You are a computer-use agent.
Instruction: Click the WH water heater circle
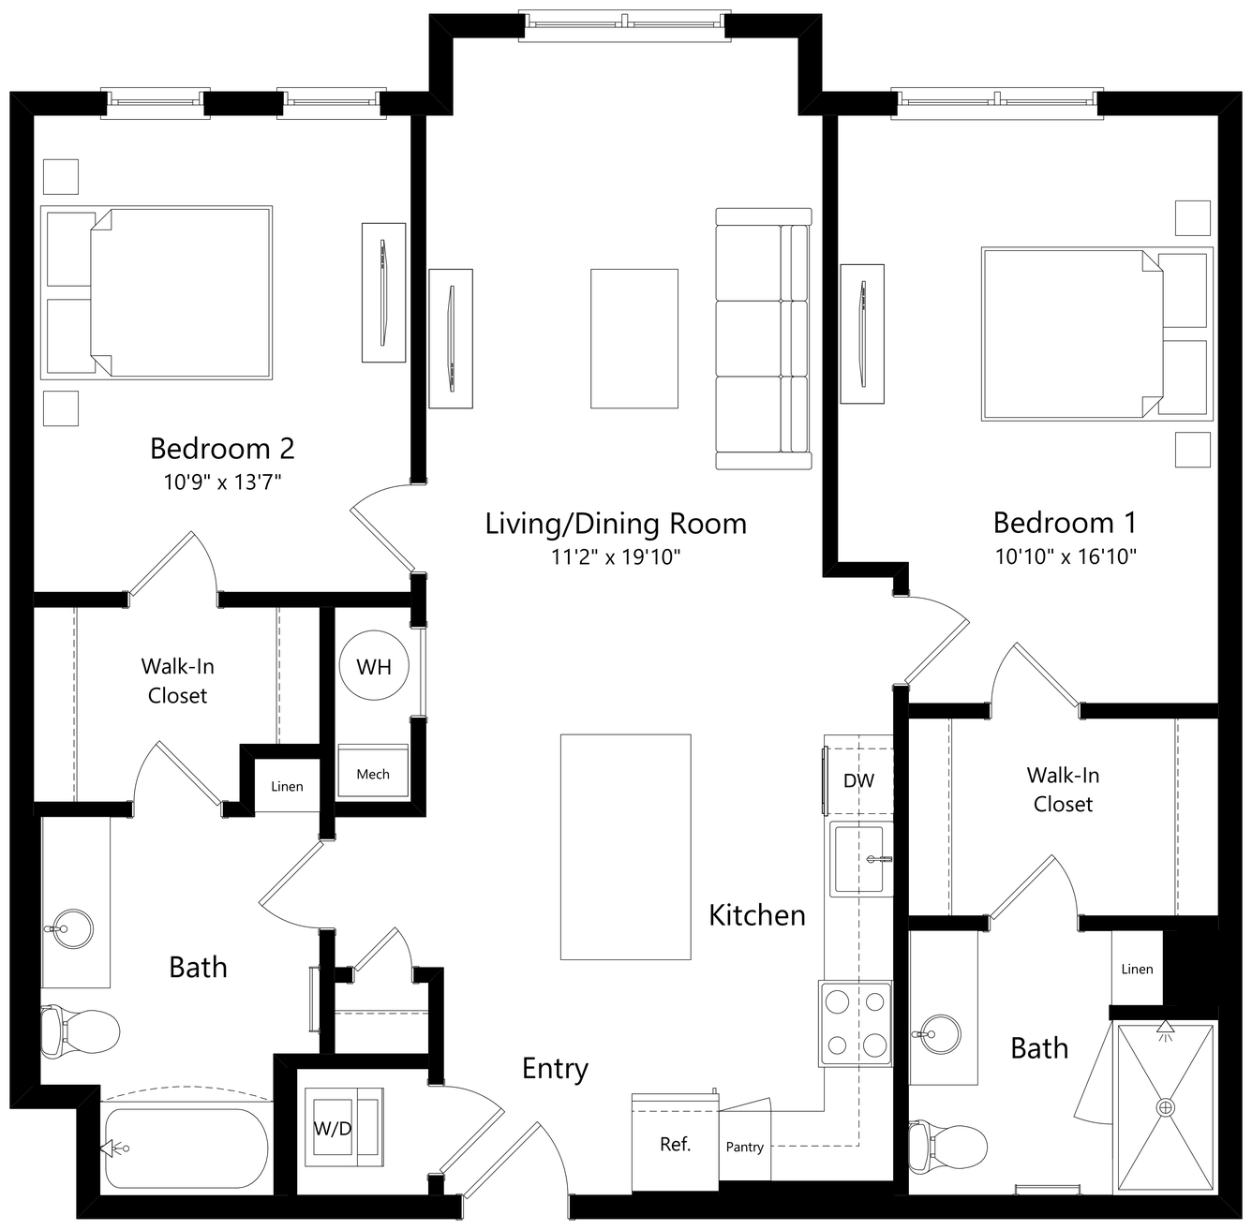click(x=374, y=665)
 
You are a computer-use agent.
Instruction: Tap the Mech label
click(x=373, y=774)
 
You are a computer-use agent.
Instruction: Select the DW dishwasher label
click(x=858, y=780)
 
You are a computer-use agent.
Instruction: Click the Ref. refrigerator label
click(x=675, y=1144)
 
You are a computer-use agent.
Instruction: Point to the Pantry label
click(x=745, y=1148)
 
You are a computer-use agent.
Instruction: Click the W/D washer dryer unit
click(x=344, y=1127)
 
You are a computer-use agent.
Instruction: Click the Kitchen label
click(x=757, y=915)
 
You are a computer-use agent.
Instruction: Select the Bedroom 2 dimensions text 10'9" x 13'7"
click(x=222, y=482)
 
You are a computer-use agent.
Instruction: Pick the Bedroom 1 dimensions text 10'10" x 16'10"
click(x=1066, y=556)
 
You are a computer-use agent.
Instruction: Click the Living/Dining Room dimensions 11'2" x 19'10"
click(x=616, y=556)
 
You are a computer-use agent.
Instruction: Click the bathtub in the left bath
click(x=186, y=1148)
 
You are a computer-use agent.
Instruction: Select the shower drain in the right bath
click(x=1166, y=1107)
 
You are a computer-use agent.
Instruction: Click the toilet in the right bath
click(x=947, y=1148)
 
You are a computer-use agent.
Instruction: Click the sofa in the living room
click(x=764, y=338)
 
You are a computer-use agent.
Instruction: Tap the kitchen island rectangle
click(x=626, y=847)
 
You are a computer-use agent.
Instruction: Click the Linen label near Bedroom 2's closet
click(x=287, y=786)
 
